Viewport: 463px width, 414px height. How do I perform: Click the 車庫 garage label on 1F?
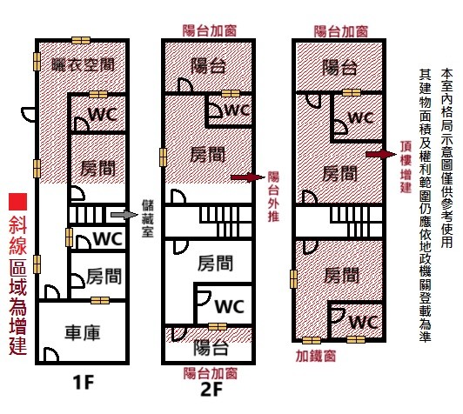coord(83,332)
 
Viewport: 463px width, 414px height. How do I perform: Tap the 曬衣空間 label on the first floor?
coord(84,65)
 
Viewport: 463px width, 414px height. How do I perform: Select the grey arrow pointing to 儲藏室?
coord(124,215)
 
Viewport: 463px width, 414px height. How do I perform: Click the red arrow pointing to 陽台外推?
coord(248,177)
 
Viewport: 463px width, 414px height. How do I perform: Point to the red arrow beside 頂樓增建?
coord(381,154)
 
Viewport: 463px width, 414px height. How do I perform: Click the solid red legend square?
coord(17,202)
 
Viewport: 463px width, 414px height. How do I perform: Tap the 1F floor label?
coord(83,383)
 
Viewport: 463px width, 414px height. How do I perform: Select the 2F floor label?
coord(211,390)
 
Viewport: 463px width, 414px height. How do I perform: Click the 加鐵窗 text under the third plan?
coord(316,357)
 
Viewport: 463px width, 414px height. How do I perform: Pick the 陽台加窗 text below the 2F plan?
coord(211,374)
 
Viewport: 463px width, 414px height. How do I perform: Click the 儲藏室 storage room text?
coord(147,218)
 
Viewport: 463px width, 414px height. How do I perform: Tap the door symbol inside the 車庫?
coord(50,354)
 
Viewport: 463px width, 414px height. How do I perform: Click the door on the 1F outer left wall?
coord(29,115)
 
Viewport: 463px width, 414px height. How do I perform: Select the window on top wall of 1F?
coord(81,40)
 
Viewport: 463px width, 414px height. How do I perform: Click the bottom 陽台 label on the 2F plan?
coord(211,347)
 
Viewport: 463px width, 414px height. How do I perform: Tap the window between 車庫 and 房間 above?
coord(100,300)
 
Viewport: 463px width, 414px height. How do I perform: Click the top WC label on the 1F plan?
coord(103,114)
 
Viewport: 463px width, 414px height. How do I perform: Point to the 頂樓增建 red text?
coord(406,167)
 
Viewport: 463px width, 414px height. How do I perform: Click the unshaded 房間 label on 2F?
coord(215,263)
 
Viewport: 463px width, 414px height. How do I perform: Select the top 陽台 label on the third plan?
coord(339,68)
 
